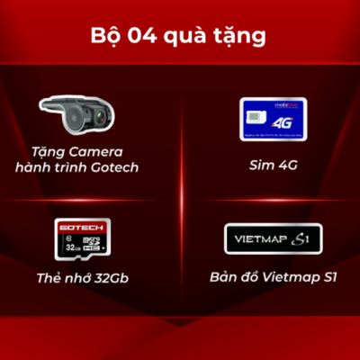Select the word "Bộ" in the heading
click(107, 37)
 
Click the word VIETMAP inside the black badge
click(256, 238)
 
